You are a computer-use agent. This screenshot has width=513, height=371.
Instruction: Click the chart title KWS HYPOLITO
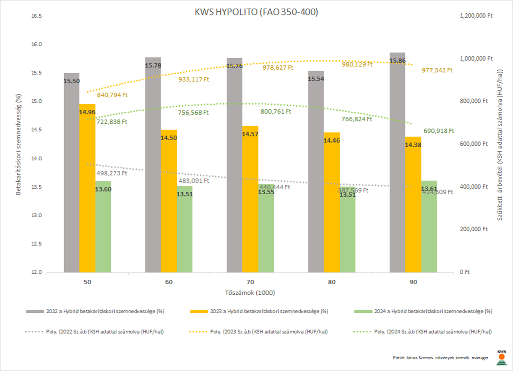pyautogui.click(x=256, y=13)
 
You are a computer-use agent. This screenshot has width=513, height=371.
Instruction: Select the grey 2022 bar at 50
pyautogui.click(x=71, y=174)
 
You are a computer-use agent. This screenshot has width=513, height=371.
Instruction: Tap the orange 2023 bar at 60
pyautogui.click(x=169, y=202)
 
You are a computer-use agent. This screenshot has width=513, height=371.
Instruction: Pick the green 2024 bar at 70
pyautogui.click(x=266, y=230)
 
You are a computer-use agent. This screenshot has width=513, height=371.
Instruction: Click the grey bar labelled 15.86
pyautogui.click(x=397, y=161)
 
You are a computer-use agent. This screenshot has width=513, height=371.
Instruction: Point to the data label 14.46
pyautogui.click(x=332, y=141)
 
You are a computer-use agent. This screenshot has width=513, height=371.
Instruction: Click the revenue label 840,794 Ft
pyautogui.click(x=112, y=95)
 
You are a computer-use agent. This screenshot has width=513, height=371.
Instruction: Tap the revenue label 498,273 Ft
pyautogui.click(x=112, y=174)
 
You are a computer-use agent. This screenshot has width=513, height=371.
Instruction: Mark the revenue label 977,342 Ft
pyautogui.click(x=438, y=70)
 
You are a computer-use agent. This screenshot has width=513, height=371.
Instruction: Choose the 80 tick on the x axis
pyautogui.click(x=332, y=283)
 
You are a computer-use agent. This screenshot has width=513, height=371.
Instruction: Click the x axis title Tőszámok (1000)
pyautogui.click(x=250, y=292)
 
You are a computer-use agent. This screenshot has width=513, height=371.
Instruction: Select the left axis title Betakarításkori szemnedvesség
pyautogui.click(x=18, y=145)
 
